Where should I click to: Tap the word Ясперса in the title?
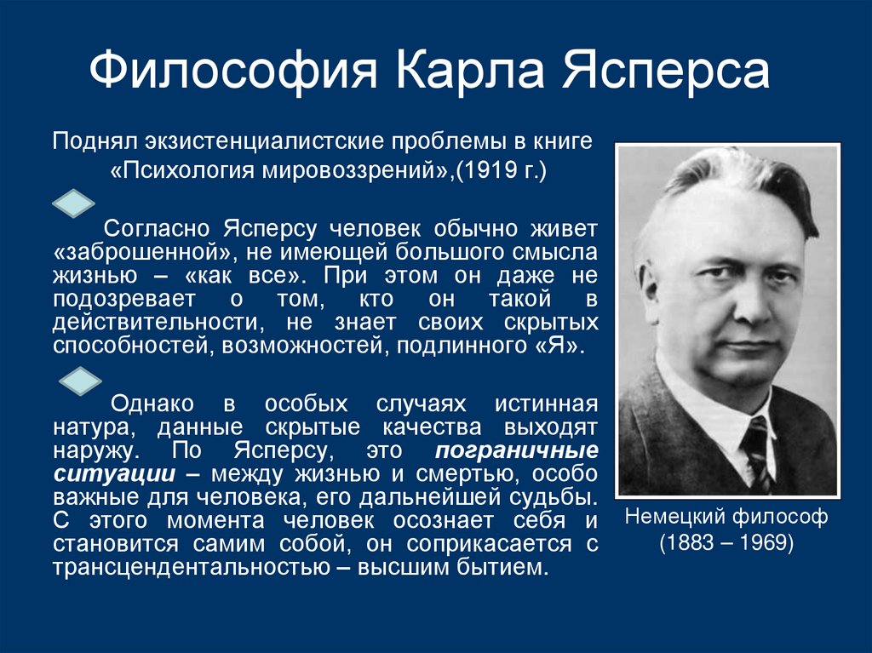pos(665,72)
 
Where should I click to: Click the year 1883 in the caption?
pos(686,542)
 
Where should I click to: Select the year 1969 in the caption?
pos(760,542)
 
